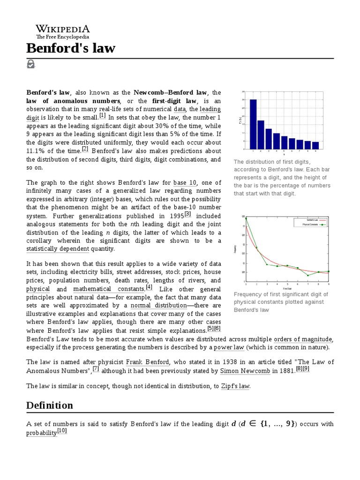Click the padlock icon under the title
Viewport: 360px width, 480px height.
click(x=31, y=64)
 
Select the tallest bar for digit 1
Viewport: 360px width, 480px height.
click(x=253, y=124)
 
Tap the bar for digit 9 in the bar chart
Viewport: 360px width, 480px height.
click(x=315, y=145)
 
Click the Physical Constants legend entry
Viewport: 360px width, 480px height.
click(x=310, y=225)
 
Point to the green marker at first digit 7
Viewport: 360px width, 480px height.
click(x=308, y=275)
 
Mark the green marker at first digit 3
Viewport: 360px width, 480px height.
click(x=267, y=264)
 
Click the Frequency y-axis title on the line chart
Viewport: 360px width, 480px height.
click(x=234, y=249)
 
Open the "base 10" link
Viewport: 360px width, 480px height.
click(x=185, y=183)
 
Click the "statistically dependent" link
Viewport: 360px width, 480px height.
click(x=58, y=249)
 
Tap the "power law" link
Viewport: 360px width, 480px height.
click(x=229, y=347)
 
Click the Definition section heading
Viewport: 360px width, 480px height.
click(x=50, y=405)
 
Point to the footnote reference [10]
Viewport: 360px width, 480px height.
click(x=62, y=432)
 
